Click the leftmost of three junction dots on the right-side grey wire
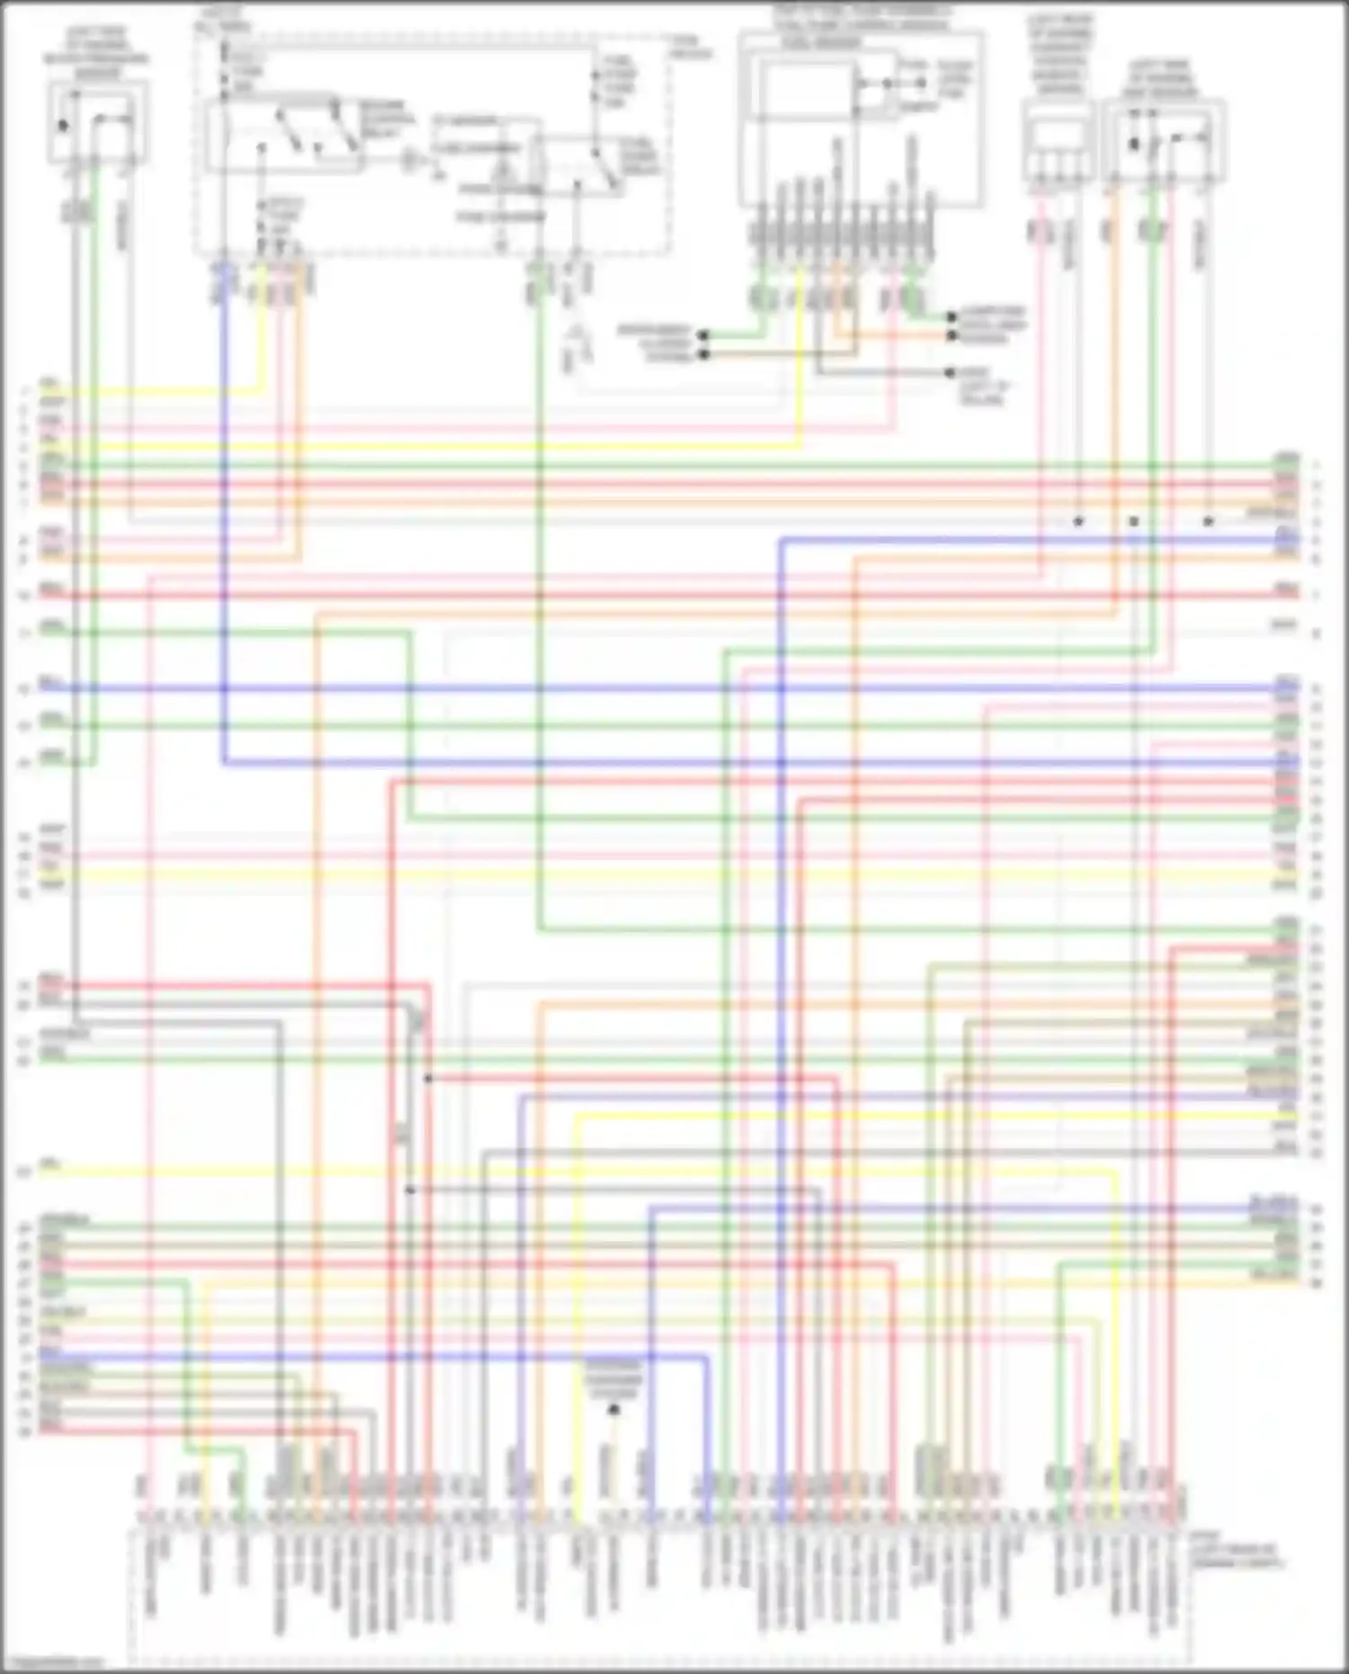point(1078,521)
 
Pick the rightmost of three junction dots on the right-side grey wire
point(1209,521)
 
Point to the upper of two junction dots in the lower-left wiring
point(428,1078)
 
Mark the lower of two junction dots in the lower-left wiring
point(410,1189)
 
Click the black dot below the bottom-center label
point(614,1410)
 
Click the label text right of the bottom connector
point(1237,1555)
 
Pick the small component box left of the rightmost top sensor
point(1058,144)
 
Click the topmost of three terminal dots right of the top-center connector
point(951,318)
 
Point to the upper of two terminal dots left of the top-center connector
point(703,335)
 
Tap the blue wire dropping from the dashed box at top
point(223,450)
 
